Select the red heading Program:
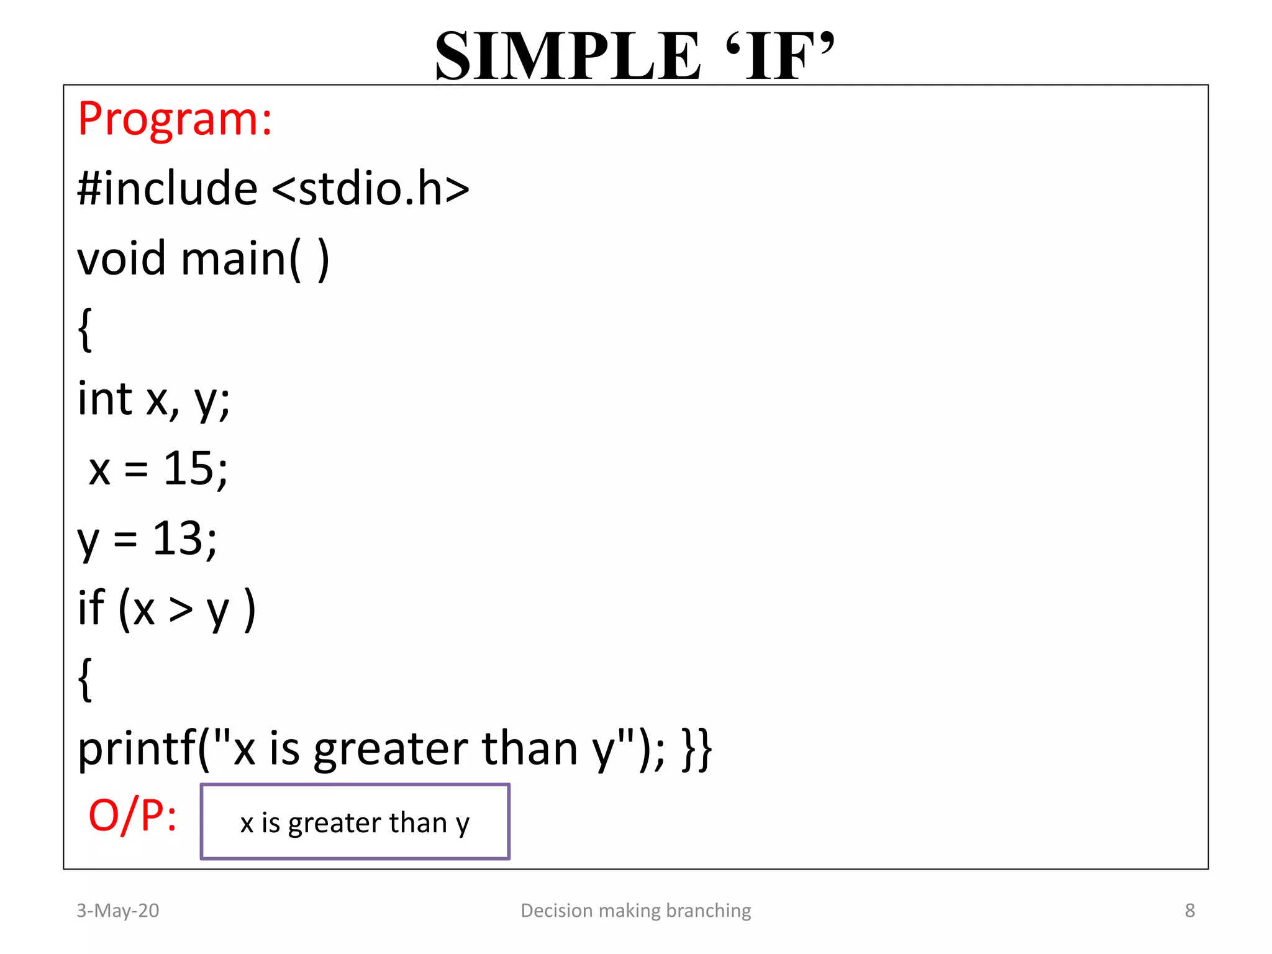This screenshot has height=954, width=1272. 175,119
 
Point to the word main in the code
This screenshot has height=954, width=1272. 233,258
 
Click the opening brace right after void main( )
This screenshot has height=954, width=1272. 86,330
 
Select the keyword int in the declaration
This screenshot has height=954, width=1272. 104,399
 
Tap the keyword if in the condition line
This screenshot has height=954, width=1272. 91,608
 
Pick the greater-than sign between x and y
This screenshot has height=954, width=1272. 181,609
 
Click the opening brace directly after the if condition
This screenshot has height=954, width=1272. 86,679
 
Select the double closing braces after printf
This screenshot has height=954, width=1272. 697,749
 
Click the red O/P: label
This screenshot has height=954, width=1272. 132,816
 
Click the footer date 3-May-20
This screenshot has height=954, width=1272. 117,911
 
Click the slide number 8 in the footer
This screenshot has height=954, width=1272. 1189,911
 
